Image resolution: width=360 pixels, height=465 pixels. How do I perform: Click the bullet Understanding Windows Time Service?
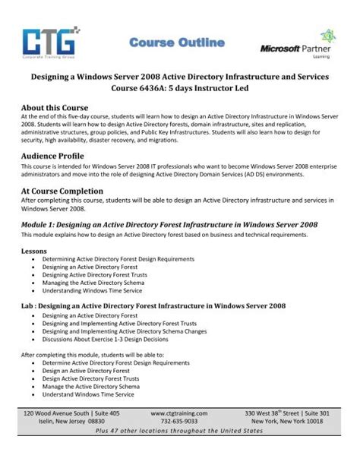(x=93, y=289)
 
